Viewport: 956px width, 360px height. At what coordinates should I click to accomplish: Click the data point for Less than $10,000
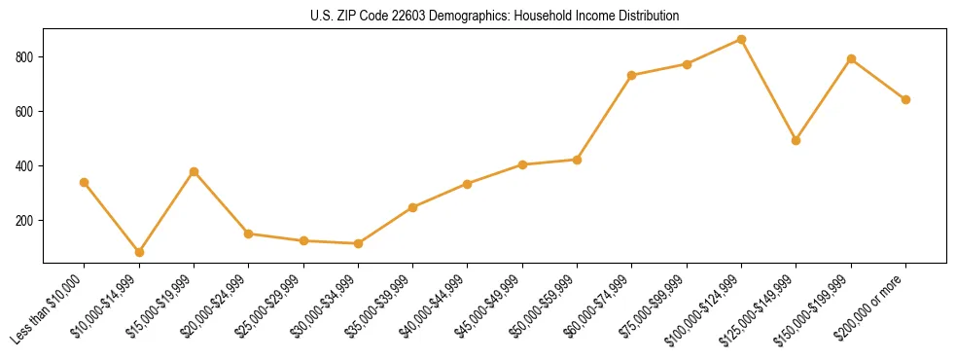point(85,182)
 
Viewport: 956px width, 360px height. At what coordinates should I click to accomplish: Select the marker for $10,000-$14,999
point(139,252)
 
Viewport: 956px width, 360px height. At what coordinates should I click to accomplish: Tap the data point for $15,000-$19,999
point(194,171)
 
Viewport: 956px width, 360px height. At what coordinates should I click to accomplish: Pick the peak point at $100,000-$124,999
point(742,40)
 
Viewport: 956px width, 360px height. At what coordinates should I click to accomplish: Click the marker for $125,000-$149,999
point(797,140)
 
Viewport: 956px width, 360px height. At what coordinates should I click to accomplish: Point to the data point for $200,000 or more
point(906,99)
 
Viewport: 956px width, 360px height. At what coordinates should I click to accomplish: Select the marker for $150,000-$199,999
point(851,58)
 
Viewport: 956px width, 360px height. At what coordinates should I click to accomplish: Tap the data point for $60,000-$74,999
point(632,75)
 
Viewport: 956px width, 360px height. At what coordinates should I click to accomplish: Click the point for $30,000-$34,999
point(359,243)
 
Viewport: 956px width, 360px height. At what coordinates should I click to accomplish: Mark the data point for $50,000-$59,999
point(578,160)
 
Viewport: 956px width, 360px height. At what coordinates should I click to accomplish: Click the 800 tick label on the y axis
point(26,57)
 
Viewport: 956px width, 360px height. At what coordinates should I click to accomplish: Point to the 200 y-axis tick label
point(26,221)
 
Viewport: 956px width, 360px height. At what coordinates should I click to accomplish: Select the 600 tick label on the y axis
point(26,112)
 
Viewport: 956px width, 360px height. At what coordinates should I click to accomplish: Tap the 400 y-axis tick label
point(26,166)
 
